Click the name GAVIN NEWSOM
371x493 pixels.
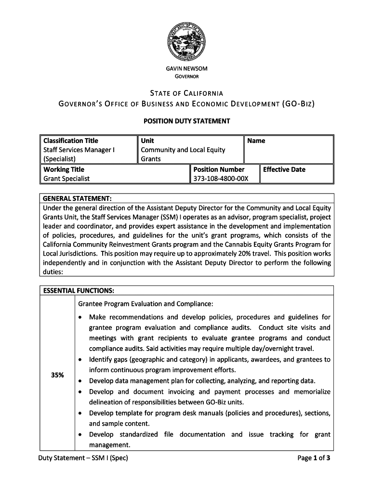click(186, 69)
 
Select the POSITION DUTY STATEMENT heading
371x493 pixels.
click(186, 121)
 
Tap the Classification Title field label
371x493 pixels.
click(71, 141)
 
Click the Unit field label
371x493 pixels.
click(147, 141)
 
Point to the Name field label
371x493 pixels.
click(256, 141)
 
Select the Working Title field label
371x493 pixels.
click(64, 169)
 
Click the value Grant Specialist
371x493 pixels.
click(66, 179)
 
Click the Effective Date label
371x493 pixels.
click(284, 169)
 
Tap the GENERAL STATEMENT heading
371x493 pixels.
click(78, 198)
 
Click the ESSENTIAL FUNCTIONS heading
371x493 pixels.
click(79, 290)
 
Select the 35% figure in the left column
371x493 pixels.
click(57, 376)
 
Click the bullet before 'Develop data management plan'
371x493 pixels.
click(80, 381)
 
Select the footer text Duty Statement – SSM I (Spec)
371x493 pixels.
click(83, 458)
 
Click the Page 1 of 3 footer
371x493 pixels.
click(314, 458)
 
